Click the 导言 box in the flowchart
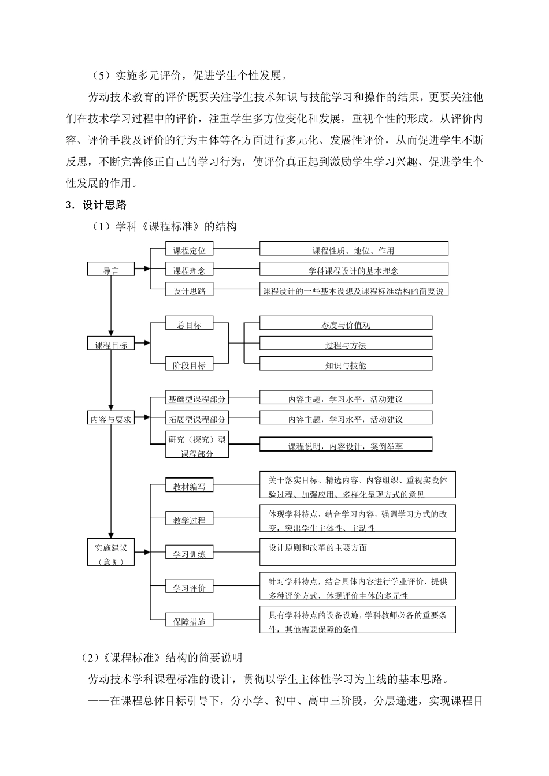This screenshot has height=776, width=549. (x=110, y=270)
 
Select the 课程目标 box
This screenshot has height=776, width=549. (x=110, y=345)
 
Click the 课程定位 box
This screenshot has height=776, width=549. (x=189, y=250)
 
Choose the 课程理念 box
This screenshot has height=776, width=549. (x=189, y=270)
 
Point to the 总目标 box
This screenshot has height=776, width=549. (x=189, y=324)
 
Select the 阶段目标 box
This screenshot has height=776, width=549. (x=189, y=365)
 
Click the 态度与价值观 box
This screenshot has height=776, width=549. (x=346, y=324)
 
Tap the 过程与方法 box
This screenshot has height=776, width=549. (x=346, y=344)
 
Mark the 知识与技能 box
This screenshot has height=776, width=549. (x=346, y=364)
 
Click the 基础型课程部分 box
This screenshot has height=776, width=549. (x=197, y=398)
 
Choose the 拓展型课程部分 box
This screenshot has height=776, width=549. (x=197, y=419)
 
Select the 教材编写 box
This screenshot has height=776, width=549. (x=189, y=486)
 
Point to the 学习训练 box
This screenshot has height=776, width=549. (x=189, y=554)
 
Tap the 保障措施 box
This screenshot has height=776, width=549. (x=189, y=621)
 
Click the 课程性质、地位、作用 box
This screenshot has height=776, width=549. (x=354, y=249)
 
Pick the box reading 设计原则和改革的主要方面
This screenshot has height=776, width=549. (x=358, y=552)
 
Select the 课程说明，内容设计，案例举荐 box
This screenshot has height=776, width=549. (x=346, y=445)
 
